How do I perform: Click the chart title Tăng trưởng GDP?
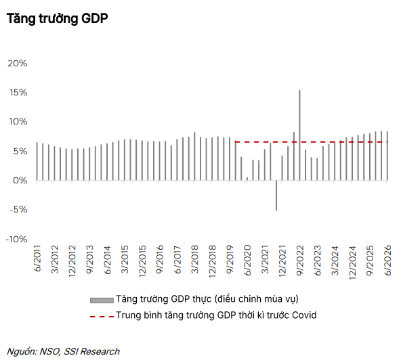(x=58, y=19)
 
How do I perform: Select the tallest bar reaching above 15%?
(x=299, y=135)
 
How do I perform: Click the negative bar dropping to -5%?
(x=276, y=196)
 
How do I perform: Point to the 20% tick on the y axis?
(x=18, y=64)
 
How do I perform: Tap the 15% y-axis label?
(x=18, y=93)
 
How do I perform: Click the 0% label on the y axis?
(x=20, y=181)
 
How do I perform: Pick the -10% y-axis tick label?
(x=17, y=240)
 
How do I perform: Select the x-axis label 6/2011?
(x=37, y=258)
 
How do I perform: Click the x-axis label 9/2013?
(x=90, y=259)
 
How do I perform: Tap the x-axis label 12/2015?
(x=142, y=261)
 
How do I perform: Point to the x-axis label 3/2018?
(x=194, y=259)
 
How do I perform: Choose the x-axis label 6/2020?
(x=247, y=260)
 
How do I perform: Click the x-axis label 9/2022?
(x=299, y=260)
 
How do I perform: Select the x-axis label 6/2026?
(x=387, y=260)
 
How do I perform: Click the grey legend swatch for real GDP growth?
(x=102, y=300)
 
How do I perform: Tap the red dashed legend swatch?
(x=102, y=317)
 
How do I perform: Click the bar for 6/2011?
(x=37, y=161)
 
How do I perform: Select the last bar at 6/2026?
(x=387, y=156)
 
